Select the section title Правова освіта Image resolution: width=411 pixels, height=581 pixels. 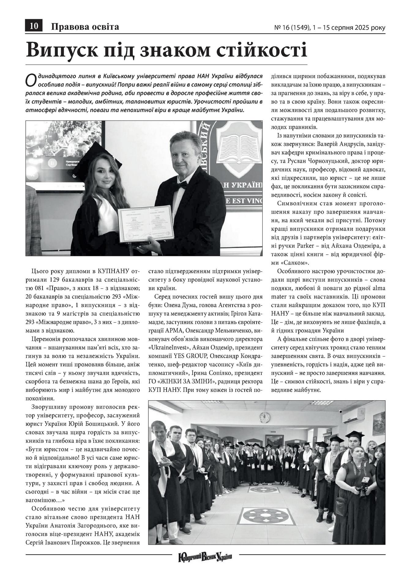click(85, 27)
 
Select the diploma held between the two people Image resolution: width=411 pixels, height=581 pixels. click(146, 224)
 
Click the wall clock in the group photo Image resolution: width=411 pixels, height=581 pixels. click(264, 417)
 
